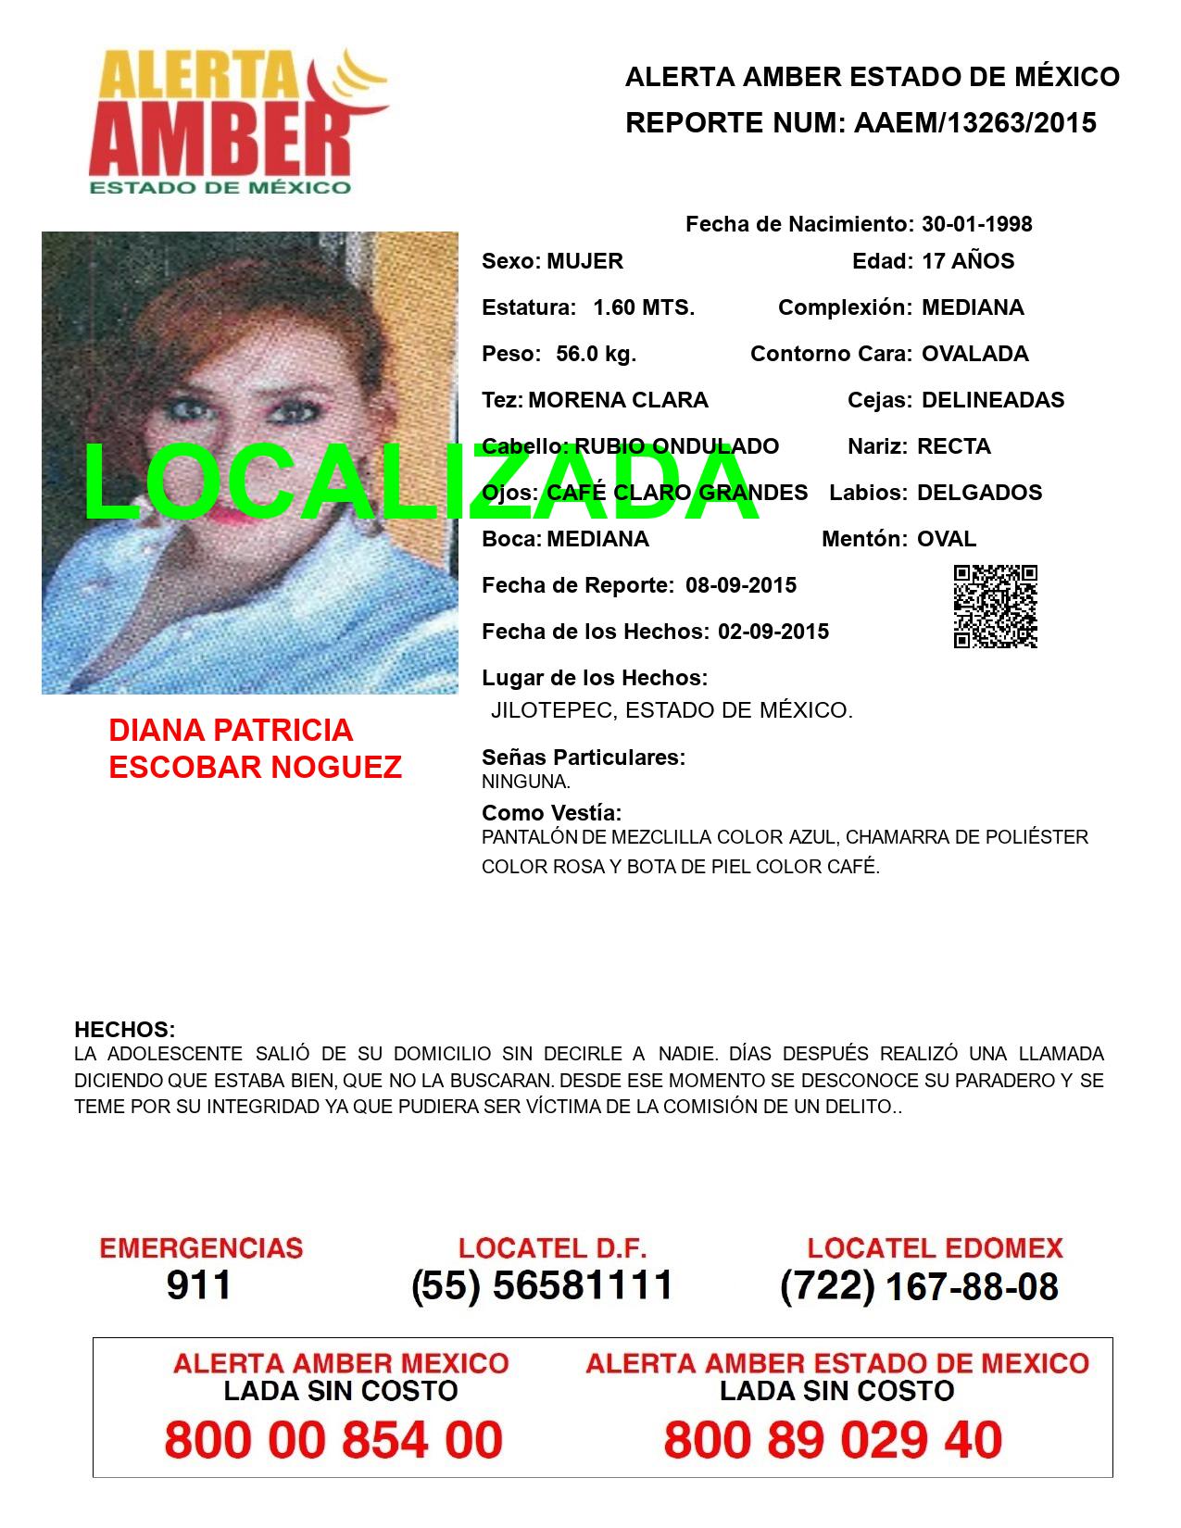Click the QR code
[x=996, y=607]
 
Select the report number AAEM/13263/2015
[x=974, y=123]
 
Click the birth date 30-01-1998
[x=976, y=224]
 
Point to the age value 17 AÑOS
[x=968, y=261]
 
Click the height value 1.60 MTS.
[x=644, y=307]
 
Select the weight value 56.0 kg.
[x=596, y=354]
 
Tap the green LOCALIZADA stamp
[x=421, y=484]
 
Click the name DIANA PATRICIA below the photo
[x=231, y=730]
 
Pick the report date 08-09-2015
[x=741, y=585]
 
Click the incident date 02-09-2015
[x=773, y=632]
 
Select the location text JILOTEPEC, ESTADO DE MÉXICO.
[x=672, y=711]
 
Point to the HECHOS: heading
[x=124, y=1030]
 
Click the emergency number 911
[x=199, y=1285]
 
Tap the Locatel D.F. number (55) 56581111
[x=542, y=1285]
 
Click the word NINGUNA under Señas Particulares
[x=525, y=782]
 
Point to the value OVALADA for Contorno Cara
[x=974, y=354]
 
